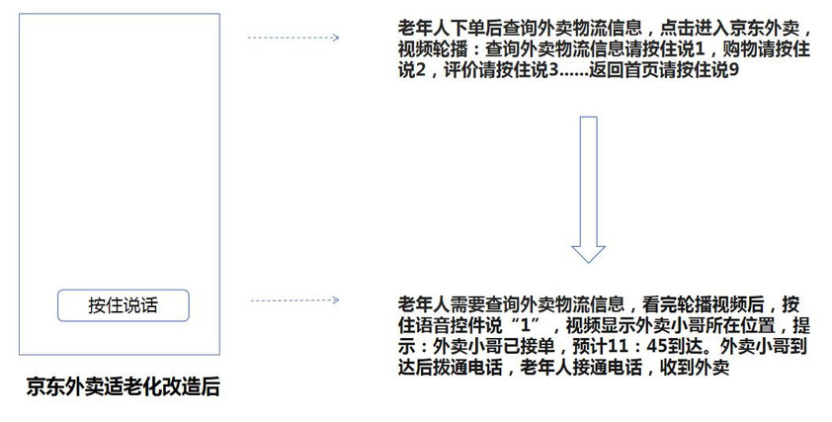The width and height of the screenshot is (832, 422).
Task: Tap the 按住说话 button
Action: tap(124, 305)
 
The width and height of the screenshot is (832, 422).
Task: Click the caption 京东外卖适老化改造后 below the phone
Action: tap(124, 386)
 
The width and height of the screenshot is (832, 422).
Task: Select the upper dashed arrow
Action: tap(292, 38)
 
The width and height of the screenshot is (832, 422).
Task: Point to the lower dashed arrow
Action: tap(294, 300)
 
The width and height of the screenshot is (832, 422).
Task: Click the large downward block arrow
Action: tap(588, 190)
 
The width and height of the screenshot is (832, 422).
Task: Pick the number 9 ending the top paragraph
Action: tap(734, 70)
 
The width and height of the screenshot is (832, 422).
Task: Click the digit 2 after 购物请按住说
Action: tap(420, 70)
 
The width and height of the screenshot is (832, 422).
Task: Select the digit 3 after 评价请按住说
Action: tap(553, 70)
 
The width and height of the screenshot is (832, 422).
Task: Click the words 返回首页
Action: tap(623, 70)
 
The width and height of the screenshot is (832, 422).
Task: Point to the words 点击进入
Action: tap(694, 28)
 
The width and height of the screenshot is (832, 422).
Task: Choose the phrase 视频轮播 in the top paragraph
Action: tap(433, 49)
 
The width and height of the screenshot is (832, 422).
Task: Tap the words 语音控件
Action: tap(450, 325)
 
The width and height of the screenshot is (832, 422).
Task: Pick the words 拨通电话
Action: tap(467, 368)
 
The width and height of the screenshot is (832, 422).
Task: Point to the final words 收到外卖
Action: tap(694, 368)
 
